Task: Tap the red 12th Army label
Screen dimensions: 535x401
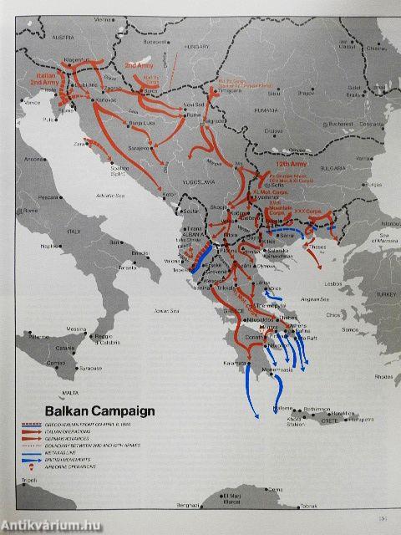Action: (x=287, y=166)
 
